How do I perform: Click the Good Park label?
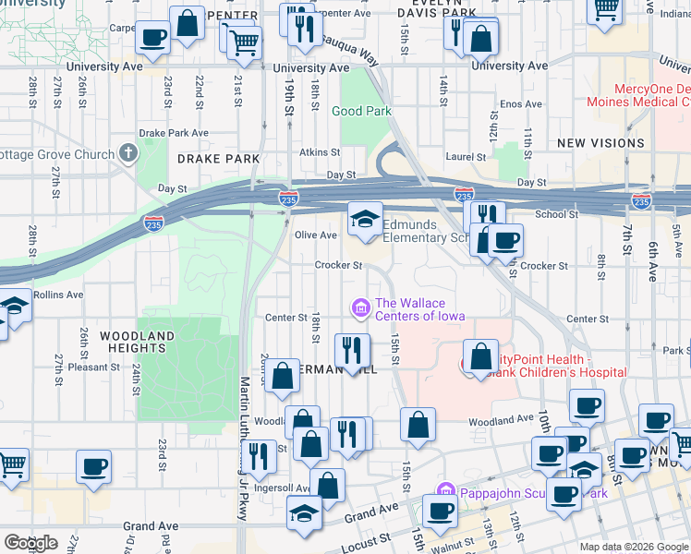tap(362, 112)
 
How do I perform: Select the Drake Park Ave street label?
tap(174, 133)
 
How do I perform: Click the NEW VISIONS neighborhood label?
tap(601, 143)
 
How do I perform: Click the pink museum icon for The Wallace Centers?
tap(360, 307)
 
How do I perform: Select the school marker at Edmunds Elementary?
tap(366, 220)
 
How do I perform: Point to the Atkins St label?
tap(320, 152)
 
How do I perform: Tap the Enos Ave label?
tap(521, 105)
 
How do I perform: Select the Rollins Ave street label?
tap(58, 295)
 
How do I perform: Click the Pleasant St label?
tap(89, 367)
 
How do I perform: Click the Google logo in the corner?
tap(30, 543)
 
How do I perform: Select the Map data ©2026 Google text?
tap(633, 547)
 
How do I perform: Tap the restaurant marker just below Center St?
tap(352, 350)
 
